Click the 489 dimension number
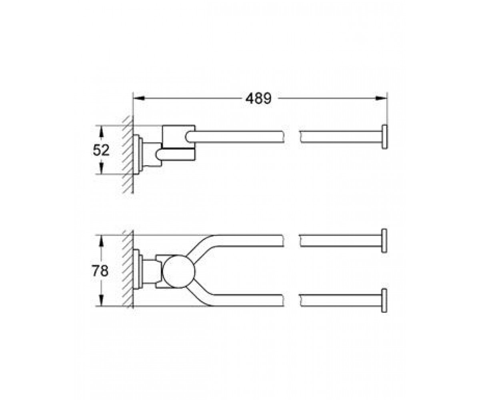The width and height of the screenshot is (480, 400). point(259,98)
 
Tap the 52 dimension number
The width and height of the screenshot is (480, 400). point(101,150)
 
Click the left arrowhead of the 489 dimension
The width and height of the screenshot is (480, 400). point(139,98)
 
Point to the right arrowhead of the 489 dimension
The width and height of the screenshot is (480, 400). point(381,98)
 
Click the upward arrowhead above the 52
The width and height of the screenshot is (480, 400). point(101,132)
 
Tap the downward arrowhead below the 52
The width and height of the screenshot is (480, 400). point(101,168)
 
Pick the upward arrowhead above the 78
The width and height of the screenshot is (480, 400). point(101,241)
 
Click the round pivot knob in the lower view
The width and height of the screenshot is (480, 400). point(179,272)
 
